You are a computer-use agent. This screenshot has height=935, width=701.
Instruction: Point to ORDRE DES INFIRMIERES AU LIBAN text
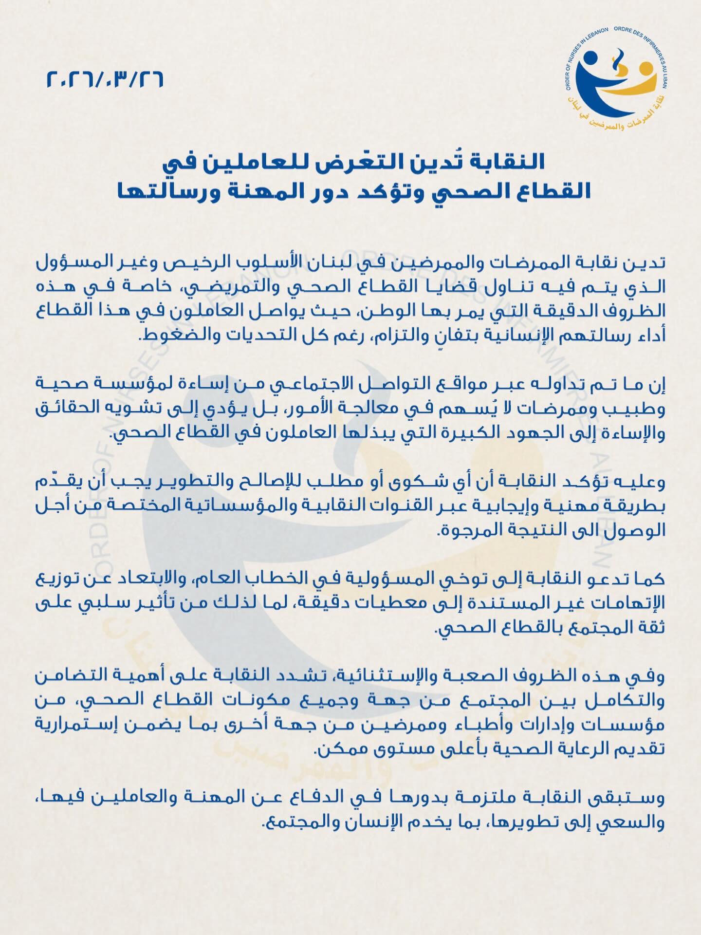click(652, 54)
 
